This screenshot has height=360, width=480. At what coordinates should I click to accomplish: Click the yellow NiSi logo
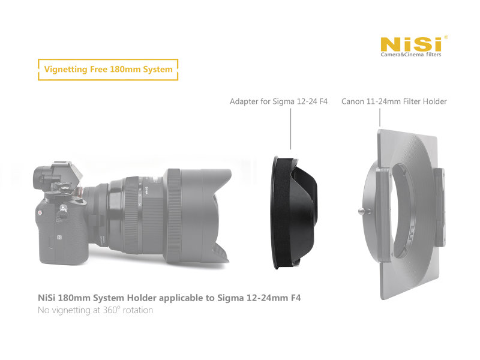(411, 44)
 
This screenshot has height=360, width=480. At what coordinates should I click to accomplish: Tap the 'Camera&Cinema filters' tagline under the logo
(411, 55)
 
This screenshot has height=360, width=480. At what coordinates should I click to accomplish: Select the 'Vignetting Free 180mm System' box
(108, 70)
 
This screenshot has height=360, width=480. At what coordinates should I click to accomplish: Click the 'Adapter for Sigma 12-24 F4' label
(278, 101)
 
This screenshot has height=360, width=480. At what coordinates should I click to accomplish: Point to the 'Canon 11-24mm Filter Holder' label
(394, 101)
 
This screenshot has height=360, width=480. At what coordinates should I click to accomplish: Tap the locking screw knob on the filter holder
(364, 211)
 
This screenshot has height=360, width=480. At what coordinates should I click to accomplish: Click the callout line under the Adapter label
(290, 129)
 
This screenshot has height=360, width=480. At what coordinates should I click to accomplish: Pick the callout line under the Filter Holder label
(380, 118)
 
